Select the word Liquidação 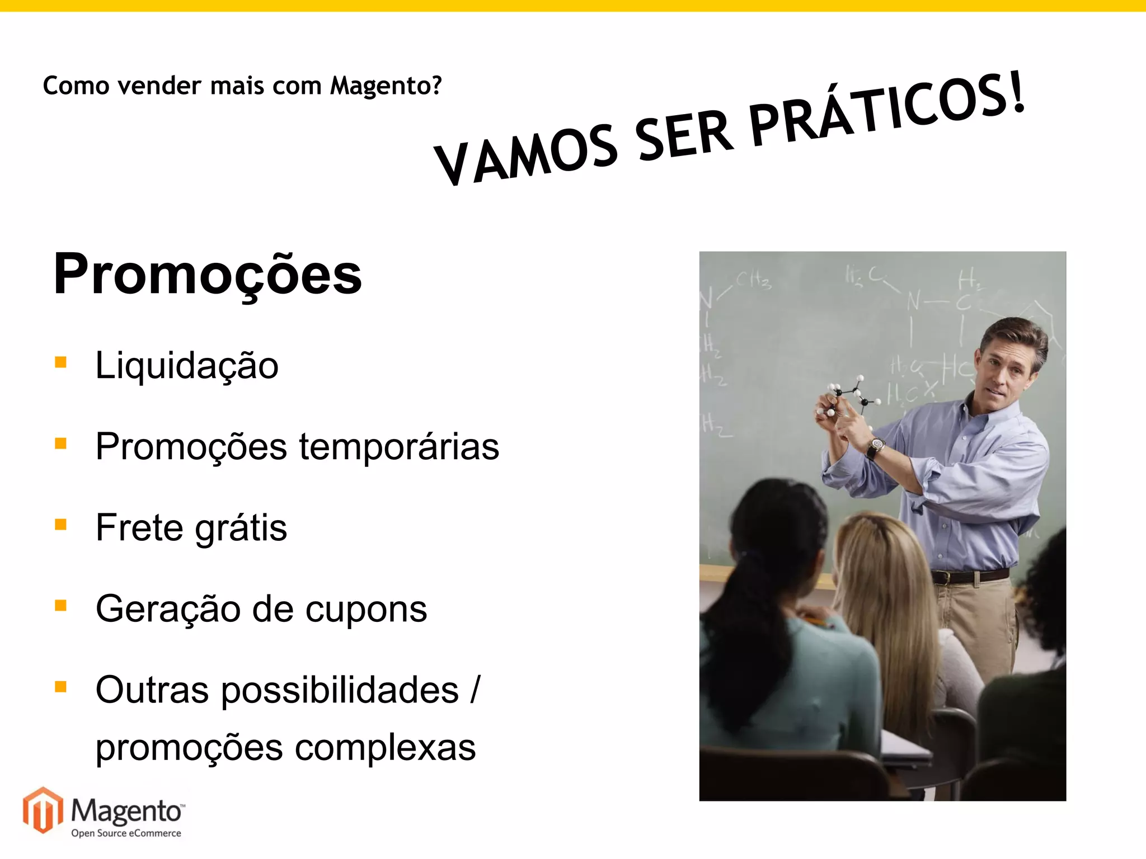click(x=186, y=366)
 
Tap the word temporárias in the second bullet click(x=398, y=447)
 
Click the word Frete click(x=139, y=528)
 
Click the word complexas click(x=385, y=748)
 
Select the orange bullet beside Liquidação click(x=61, y=362)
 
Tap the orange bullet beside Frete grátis click(x=61, y=525)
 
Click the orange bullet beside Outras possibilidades click(x=61, y=687)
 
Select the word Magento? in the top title click(x=386, y=86)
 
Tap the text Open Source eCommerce click(x=126, y=833)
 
